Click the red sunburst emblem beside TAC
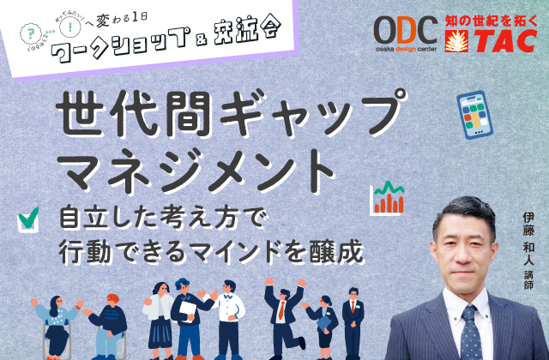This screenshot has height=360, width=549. tap(456, 39)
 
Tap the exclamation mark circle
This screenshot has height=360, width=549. tap(63, 27)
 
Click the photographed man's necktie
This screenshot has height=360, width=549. tap(470, 331)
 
